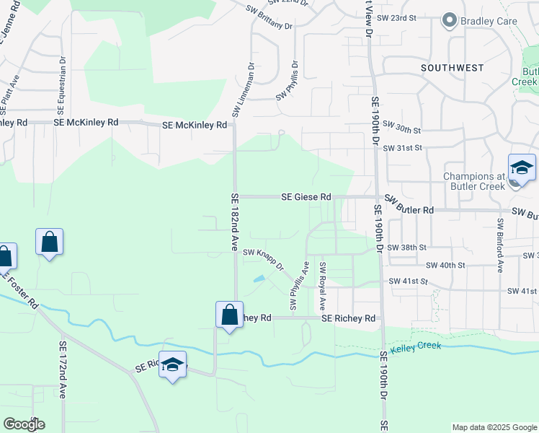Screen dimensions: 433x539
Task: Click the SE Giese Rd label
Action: pyautogui.click(x=306, y=196)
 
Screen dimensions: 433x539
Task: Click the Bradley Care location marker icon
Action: pyautogui.click(x=450, y=21)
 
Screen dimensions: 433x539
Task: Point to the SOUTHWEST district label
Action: pyautogui.click(x=453, y=68)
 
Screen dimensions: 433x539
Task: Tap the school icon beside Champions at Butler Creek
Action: pyautogui.click(x=522, y=169)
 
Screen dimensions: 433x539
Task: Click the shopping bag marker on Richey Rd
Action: pyautogui.click(x=229, y=315)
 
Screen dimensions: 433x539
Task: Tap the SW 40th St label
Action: pyautogui.click(x=446, y=265)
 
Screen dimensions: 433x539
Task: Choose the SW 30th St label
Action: pyautogui.click(x=401, y=128)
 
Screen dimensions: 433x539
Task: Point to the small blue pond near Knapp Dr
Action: pyautogui.click(x=259, y=279)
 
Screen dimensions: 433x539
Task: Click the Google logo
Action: pyautogui.click(x=24, y=424)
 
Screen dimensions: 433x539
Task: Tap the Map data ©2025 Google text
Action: pyautogui.click(x=494, y=427)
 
